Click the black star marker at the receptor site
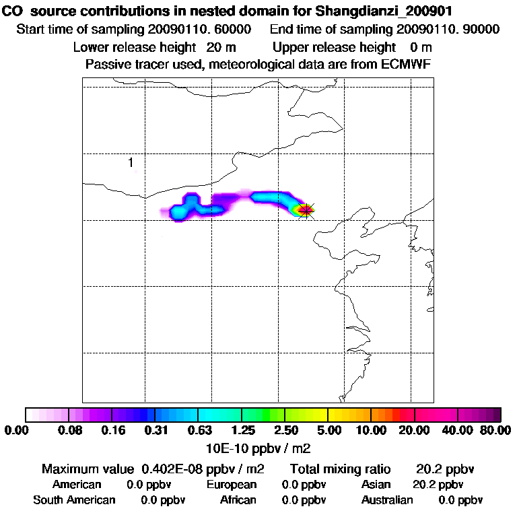point(306,211)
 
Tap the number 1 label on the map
point(131,162)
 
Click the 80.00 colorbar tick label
point(494,430)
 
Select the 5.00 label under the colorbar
point(329,430)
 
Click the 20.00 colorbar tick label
point(415,430)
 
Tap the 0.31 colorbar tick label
point(156,430)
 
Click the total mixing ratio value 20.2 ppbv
point(440,469)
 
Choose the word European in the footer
point(232,485)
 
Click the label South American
point(74,500)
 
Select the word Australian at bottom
point(387,500)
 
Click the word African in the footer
point(238,500)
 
